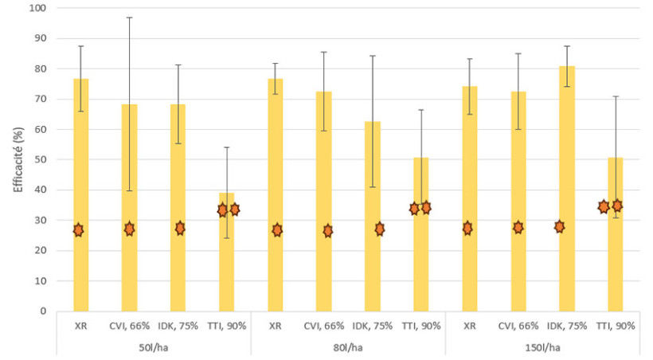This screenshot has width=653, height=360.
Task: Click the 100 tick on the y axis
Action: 37,8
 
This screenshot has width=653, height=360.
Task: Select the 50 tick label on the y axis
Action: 40,159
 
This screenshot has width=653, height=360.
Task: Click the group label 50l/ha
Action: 154,347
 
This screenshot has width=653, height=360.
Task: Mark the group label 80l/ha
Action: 348,347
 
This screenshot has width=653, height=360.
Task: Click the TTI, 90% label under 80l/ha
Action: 420,326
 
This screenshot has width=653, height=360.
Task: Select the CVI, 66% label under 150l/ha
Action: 518,326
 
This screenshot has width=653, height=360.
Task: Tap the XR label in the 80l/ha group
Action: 275,326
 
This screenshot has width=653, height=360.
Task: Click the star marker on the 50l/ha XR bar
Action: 78,229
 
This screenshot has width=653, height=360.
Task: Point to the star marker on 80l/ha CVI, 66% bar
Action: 327,230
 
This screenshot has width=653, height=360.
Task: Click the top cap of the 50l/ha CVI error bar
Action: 129,17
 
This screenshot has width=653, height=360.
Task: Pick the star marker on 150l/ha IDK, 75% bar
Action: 560,226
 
